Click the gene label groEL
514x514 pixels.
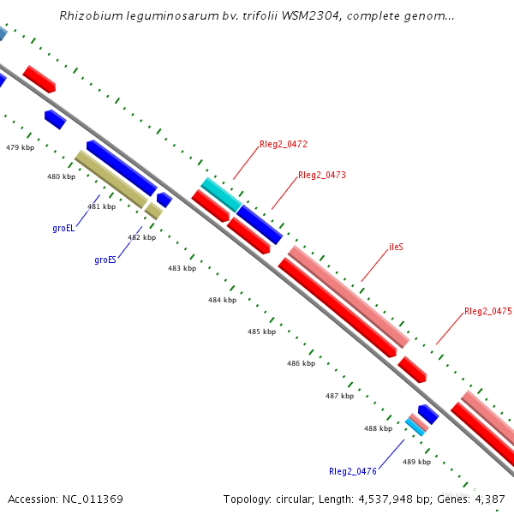click(63, 229)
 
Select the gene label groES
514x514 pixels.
click(105, 260)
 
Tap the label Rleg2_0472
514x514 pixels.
click(284, 145)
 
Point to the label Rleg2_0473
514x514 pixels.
click(322, 176)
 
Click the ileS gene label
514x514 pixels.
click(396, 247)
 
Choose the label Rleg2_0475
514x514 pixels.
click(487, 312)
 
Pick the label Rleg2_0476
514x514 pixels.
click(353, 471)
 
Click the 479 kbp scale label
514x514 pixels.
click(20, 148)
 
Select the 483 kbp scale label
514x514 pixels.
click(182, 269)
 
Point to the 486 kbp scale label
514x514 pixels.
click(301, 364)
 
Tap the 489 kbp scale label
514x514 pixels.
click(416, 463)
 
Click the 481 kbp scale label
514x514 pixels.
click(101, 207)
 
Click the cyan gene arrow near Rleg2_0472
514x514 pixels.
click(220, 194)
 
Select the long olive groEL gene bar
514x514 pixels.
click(111, 179)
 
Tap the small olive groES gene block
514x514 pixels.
click(152, 210)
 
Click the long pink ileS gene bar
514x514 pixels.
click(347, 296)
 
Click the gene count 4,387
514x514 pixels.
click(490, 499)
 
